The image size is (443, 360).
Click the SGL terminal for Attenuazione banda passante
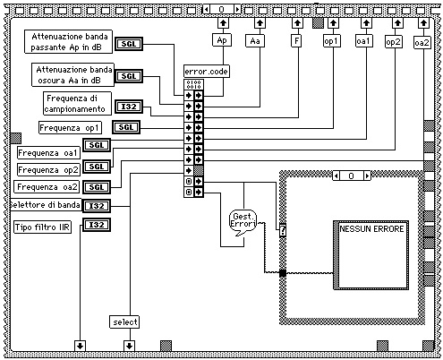129,44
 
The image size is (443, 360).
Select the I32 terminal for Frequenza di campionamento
129,107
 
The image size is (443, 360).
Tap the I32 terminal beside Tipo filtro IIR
97,225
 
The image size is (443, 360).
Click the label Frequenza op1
71,128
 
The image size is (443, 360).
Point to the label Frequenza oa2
47,187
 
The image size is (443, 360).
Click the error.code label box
207,72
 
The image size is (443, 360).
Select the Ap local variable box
222,40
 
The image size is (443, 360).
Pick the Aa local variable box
255,41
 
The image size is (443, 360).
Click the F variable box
296,40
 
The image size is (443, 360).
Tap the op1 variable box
332,41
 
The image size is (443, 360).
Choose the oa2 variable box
422,42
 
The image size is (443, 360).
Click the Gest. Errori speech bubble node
243,222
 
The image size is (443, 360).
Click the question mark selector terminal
283,230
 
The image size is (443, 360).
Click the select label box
124,322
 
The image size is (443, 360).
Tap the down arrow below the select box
129,346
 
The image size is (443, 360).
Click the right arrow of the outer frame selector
237,9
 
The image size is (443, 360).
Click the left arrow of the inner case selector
337,176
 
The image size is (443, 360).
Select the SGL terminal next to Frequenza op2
97,167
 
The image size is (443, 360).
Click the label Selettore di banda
46,205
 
